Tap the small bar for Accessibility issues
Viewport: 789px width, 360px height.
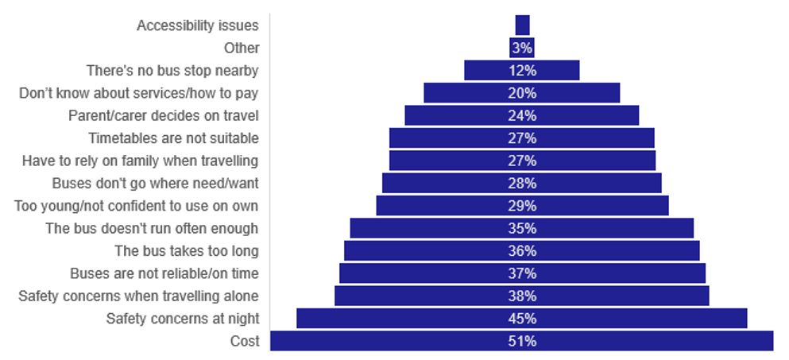522,25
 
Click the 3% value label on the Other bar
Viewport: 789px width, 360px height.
522,48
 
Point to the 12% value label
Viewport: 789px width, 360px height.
522,70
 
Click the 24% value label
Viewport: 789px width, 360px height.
522,115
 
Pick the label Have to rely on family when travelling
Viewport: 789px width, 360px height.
140,161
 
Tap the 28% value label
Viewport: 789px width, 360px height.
522,184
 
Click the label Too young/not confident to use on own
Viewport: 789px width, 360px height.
137,206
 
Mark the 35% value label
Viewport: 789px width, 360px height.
522,229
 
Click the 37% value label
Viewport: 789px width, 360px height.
522,273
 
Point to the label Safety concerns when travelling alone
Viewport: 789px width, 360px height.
138,296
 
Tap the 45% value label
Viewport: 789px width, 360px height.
522,319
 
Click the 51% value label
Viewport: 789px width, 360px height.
522,342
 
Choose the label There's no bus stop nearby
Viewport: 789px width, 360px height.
172,70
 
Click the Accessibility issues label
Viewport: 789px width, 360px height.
198,25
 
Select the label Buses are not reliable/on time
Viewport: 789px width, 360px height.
164,273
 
